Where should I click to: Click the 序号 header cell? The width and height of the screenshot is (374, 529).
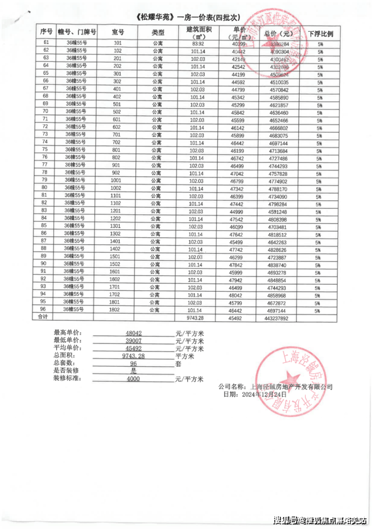[x=46, y=32]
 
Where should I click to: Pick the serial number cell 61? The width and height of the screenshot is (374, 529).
[x=46, y=43]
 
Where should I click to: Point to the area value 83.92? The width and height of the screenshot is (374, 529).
[x=197, y=43]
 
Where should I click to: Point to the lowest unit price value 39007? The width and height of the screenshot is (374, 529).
[x=134, y=341]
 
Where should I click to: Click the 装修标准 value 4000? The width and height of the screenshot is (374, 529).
[x=133, y=379]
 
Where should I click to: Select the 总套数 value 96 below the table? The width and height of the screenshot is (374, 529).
[x=133, y=364]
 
